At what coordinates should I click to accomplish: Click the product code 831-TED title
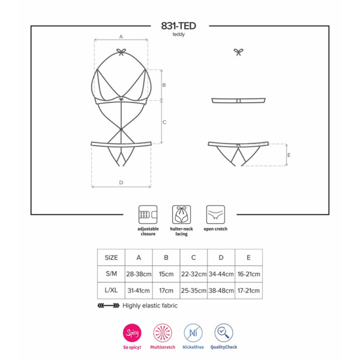click(x=178, y=26)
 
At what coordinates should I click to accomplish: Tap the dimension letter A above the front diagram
click(x=121, y=37)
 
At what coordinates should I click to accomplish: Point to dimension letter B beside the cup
click(x=164, y=85)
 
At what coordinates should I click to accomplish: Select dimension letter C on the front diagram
click(x=164, y=122)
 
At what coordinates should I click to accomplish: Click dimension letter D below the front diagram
click(x=121, y=182)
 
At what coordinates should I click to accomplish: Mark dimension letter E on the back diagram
click(x=289, y=155)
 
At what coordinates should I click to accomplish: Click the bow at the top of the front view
click(x=121, y=52)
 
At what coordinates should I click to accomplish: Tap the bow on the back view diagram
click(x=238, y=52)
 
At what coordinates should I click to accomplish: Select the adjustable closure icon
click(x=148, y=214)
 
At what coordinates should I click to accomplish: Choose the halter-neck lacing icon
click(x=181, y=214)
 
